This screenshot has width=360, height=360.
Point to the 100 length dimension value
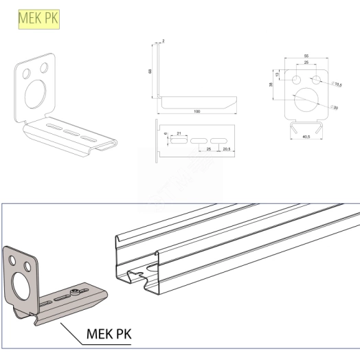[x=196, y=111]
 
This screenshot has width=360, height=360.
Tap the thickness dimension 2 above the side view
[x=163, y=42]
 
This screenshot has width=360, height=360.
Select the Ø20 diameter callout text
[x=336, y=107]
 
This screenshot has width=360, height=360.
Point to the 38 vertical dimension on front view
[x=274, y=85]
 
